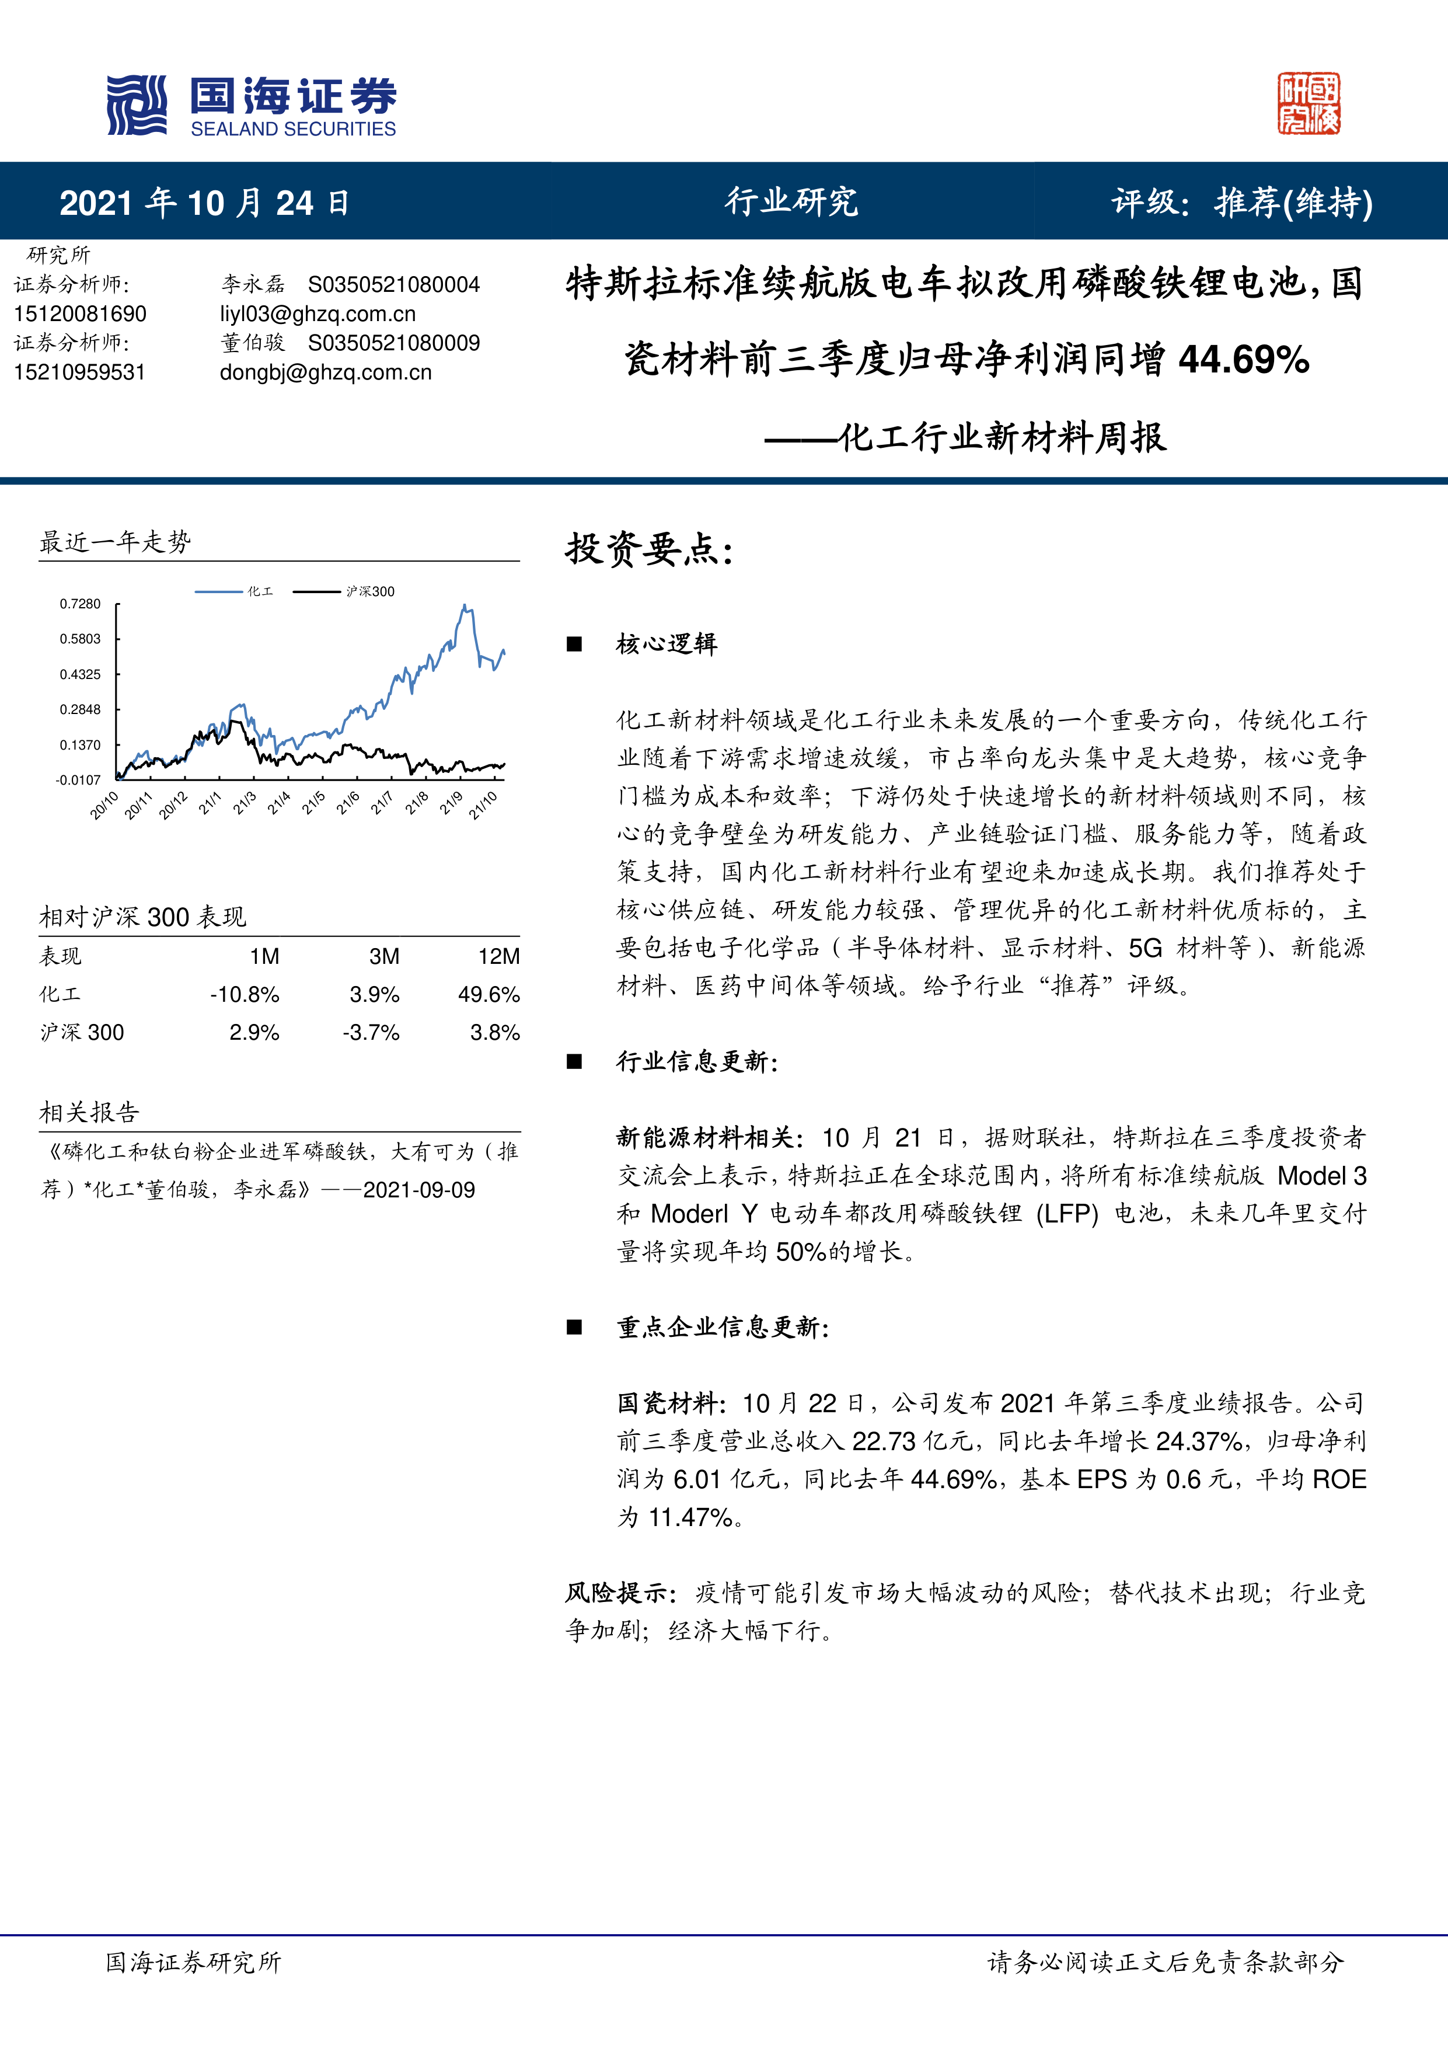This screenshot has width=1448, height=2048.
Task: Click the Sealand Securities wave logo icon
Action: coord(137,105)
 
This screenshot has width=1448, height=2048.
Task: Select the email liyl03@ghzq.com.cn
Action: coord(317,314)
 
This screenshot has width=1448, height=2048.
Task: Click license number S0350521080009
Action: coord(393,343)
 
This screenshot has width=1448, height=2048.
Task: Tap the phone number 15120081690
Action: coord(80,314)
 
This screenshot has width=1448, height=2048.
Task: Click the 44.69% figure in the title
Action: coord(1243,360)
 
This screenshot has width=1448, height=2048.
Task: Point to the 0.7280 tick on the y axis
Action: coord(80,604)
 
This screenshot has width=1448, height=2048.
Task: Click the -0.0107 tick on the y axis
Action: coord(78,779)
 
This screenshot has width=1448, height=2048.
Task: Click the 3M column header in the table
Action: coord(384,956)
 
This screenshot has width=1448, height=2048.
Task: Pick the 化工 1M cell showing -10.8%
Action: coord(245,995)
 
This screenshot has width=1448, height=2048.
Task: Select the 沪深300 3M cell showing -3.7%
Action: coord(371,1033)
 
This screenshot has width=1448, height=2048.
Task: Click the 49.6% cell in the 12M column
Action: coord(489,995)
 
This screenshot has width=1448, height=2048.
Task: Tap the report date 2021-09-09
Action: coord(419,1190)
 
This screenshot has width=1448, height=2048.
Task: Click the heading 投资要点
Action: coord(648,549)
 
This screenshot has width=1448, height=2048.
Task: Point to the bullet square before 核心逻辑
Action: coord(574,644)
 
